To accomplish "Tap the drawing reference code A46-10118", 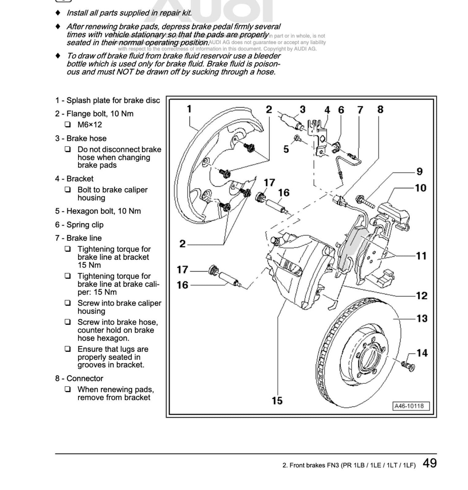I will click(411, 406).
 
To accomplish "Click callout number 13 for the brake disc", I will click(422, 319).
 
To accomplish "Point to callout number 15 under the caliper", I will click(277, 401).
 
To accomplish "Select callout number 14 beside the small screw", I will click(422, 353).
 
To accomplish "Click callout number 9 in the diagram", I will click(419, 171).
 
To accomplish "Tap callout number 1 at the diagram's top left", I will click(189, 109).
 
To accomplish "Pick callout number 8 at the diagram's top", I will click(380, 109).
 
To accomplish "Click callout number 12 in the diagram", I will click(422, 295).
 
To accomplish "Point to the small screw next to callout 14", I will click(408, 366).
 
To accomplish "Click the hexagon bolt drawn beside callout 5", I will click(297, 139).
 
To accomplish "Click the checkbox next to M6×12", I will click(68, 124).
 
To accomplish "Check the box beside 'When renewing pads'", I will click(68, 390).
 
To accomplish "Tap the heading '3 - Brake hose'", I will click(81, 138).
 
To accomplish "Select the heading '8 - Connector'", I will click(79, 378).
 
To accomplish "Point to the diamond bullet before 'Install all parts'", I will click(58, 13).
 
